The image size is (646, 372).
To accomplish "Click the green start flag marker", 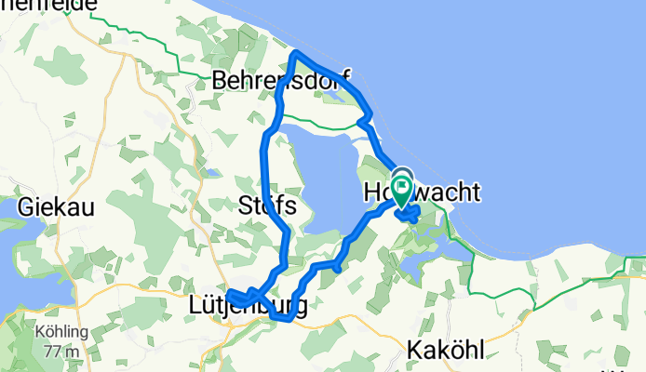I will [x=402, y=191].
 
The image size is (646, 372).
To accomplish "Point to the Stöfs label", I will [x=266, y=205].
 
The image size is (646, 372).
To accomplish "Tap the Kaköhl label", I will [x=444, y=352].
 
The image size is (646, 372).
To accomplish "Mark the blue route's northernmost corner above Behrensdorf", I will [x=296, y=55].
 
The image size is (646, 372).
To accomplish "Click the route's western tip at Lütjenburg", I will [x=228, y=295].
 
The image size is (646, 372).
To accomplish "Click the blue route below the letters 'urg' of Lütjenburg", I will [x=283, y=319].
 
